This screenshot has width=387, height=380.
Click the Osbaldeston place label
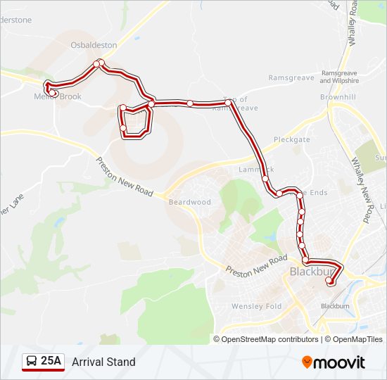pyautogui.click(x=93, y=45)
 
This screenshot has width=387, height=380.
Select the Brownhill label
pyautogui.click(x=338, y=96)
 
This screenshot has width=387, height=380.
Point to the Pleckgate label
pyautogui.click(x=292, y=139)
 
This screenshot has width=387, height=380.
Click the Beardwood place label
pyautogui.click(x=190, y=202)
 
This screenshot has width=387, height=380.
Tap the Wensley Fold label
pyautogui.click(x=257, y=306)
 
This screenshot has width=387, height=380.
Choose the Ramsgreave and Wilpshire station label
pyautogui.click(x=339, y=77)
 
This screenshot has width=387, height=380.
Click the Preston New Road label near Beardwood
pyautogui.click(x=125, y=177)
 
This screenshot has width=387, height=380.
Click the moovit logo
pyautogui.click(x=334, y=362)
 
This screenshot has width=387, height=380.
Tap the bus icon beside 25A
pyautogui.click(x=32, y=362)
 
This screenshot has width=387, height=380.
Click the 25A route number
pyautogui.click(x=51, y=362)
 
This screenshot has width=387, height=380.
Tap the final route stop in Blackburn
pyautogui.click(x=329, y=281)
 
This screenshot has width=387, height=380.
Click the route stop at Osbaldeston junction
pyautogui.click(x=97, y=64)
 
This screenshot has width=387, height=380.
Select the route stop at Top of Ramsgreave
pyautogui.click(x=229, y=103)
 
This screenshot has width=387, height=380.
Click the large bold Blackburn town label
pyautogui.click(x=312, y=272)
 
